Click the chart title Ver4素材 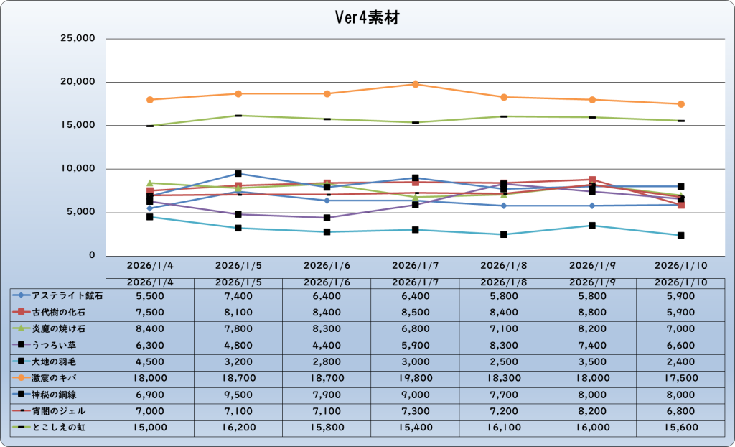[367, 18]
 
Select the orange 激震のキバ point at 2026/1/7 [415, 85]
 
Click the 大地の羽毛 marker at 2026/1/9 [592, 226]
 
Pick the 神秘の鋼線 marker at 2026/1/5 [238, 174]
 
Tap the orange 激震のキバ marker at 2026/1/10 [680, 104]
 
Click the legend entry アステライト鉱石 [58, 295]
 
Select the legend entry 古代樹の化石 [58, 312]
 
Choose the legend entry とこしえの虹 [58, 428]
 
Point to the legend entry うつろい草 [58, 345]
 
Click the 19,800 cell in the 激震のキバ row [415, 378]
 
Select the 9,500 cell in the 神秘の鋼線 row [238, 395]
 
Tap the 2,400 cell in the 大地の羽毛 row [680, 361]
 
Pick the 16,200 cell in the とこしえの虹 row [238, 428]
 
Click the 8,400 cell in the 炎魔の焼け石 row [149, 328]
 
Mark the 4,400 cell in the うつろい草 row [327, 345]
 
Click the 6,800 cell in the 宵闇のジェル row [680, 411]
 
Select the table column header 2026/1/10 [680, 282]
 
